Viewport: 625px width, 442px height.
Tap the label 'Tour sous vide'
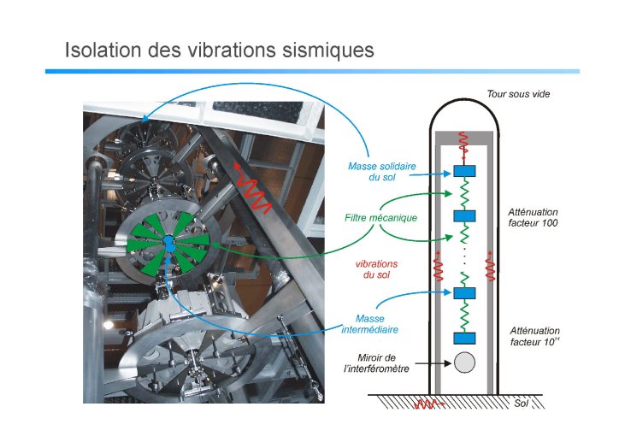coord(518,94)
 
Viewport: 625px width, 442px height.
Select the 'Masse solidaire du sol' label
coord(382,172)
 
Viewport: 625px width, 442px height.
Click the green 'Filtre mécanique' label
coord(380,218)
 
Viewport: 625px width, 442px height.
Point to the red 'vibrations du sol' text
coord(376,269)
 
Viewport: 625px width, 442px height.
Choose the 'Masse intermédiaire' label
coord(370,324)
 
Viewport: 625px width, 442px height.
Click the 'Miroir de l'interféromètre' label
coord(376,363)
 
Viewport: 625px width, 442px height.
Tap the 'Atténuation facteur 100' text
coord(533,217)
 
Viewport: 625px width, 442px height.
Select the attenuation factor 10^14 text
coord(535,336)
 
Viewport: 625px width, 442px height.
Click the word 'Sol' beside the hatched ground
coord(521,404)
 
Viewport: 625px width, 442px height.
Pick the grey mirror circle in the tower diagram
coord(464,362)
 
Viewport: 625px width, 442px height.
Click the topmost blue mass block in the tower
coord(464,171)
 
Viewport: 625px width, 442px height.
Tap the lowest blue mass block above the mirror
coord(464,339)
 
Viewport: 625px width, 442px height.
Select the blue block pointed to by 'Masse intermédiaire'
coord(464,293)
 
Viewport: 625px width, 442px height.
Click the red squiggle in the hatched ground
coord(429,404)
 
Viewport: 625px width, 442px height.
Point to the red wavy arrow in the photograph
coord(252,188)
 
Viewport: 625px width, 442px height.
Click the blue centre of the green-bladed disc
coord(169,244)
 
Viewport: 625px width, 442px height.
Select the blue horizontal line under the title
coord(312,71)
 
